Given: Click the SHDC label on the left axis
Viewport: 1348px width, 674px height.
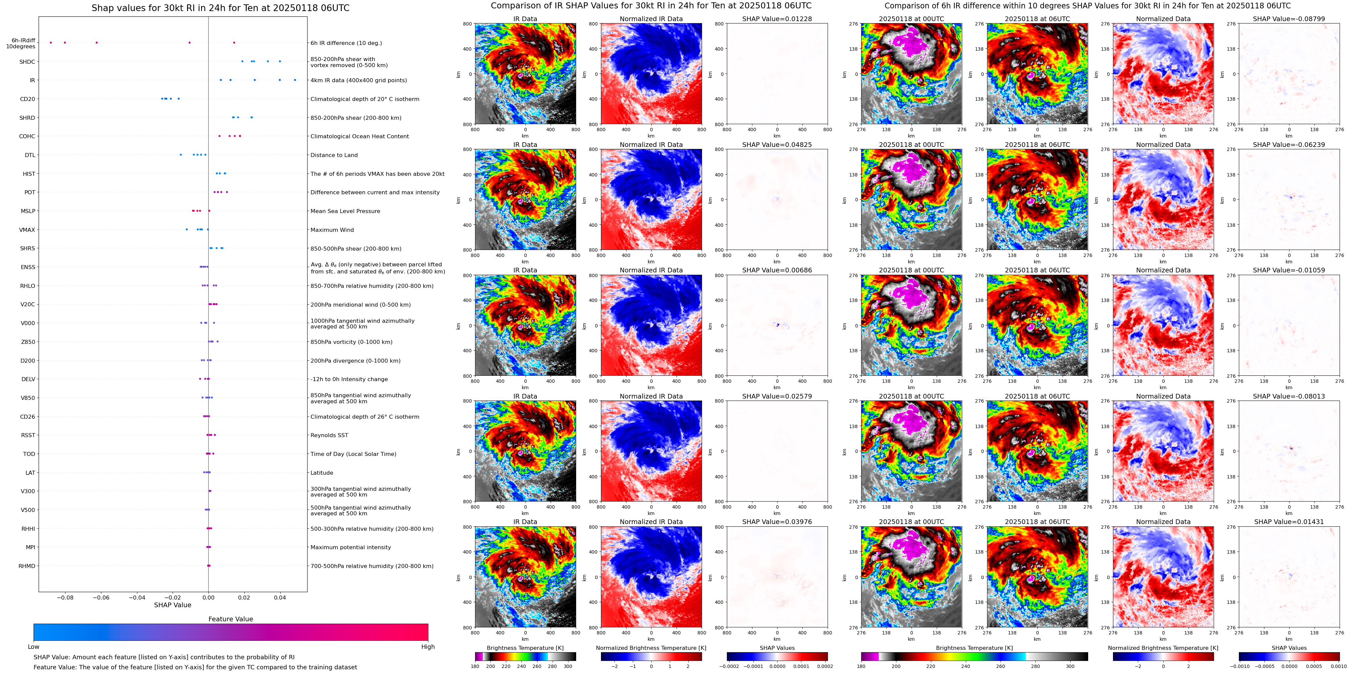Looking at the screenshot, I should coord(27,62).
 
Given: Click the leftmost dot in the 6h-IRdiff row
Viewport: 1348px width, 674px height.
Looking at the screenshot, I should coord(51,42).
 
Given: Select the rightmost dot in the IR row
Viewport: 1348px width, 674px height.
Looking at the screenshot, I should coord(295,80).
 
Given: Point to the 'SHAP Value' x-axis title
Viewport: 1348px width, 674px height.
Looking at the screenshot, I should coord(173,605).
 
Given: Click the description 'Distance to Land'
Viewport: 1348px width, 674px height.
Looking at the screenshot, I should coord(334,155).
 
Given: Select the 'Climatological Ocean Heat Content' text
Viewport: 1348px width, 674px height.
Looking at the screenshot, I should coord(360,137).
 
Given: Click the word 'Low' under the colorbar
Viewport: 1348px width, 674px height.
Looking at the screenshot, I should coord(34,647).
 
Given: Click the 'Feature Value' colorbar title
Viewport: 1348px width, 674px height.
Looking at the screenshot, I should coord(230,619).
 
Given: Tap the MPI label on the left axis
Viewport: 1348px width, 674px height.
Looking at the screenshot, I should coord(30,548).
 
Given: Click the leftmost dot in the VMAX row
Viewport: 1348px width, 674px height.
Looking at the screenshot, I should coord(187,229).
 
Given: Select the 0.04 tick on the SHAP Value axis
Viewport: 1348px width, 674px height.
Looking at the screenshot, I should coord(280,597).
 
